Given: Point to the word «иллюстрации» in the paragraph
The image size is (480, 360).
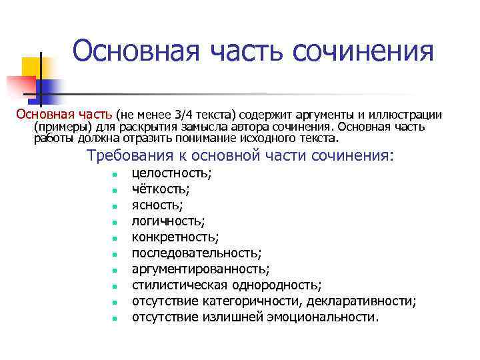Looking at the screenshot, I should click(x=407, y=115).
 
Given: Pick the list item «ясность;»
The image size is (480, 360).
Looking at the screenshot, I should click(x=157, y=205).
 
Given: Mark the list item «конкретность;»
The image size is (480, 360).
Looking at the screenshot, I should click(x=175, y=237).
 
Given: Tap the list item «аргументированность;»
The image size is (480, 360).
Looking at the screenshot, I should click(x=201, y=269).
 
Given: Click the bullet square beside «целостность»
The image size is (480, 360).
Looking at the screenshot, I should click(x=115, y=175).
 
